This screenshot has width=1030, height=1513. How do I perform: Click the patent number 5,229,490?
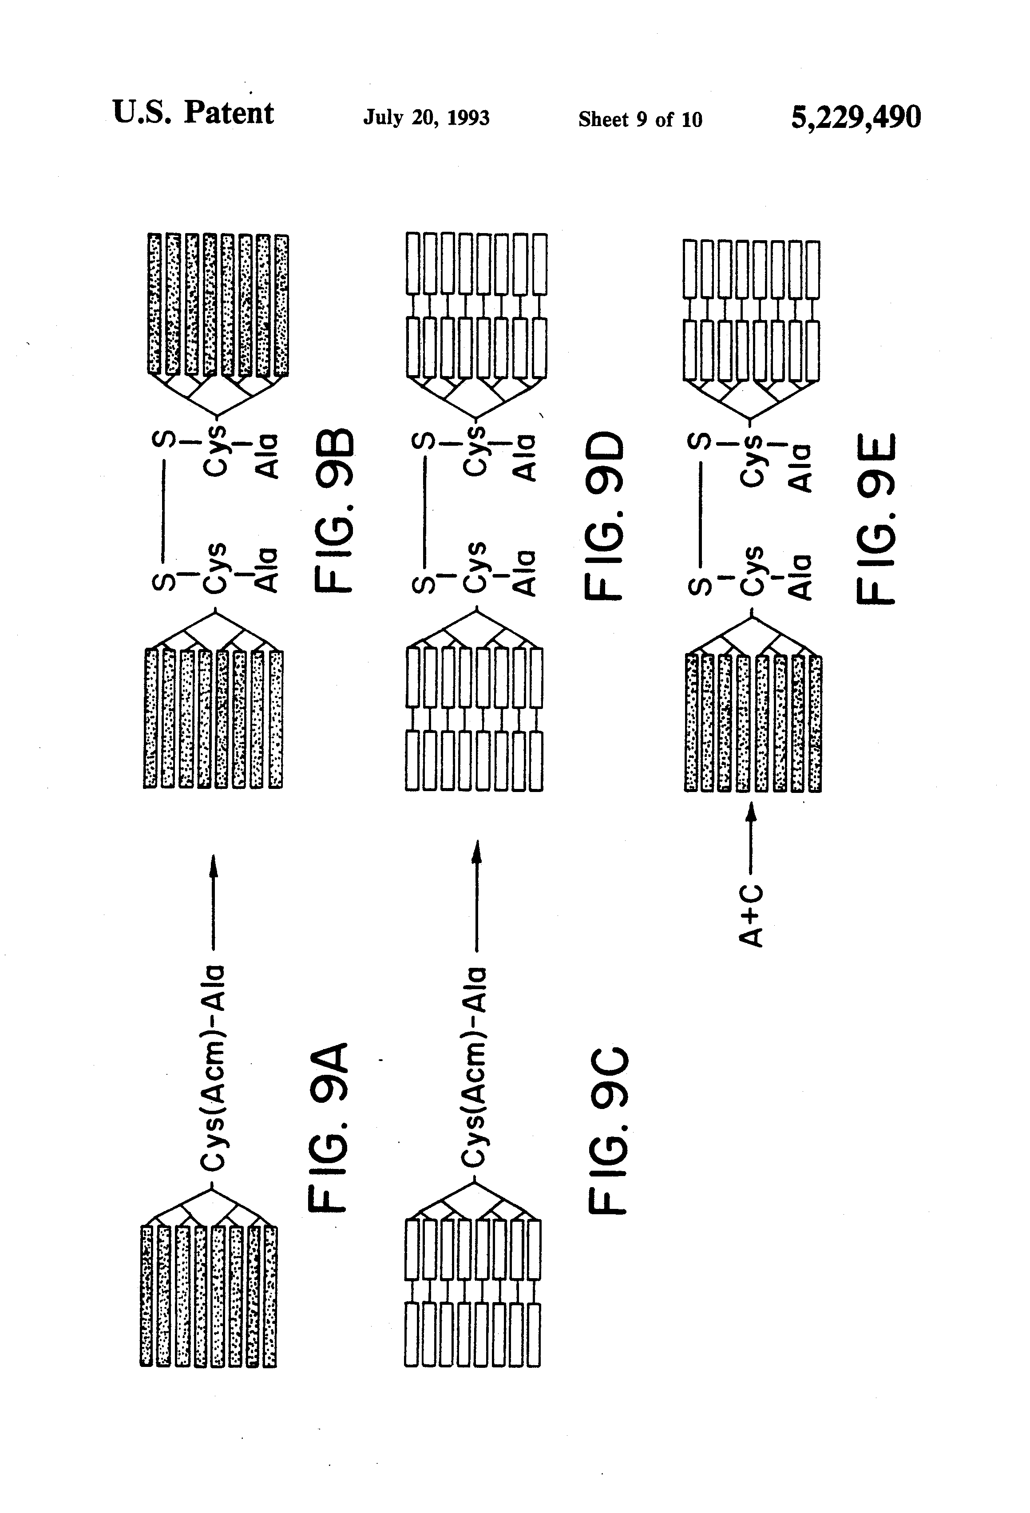tap(856, 118)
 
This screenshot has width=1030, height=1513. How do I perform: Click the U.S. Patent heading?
tap(194, 113)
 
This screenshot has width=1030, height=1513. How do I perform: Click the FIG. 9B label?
tap(335, 511)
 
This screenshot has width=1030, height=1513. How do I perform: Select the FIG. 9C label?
tap(609, 1131)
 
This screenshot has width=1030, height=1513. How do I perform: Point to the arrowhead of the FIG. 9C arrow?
tap(476, 850)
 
